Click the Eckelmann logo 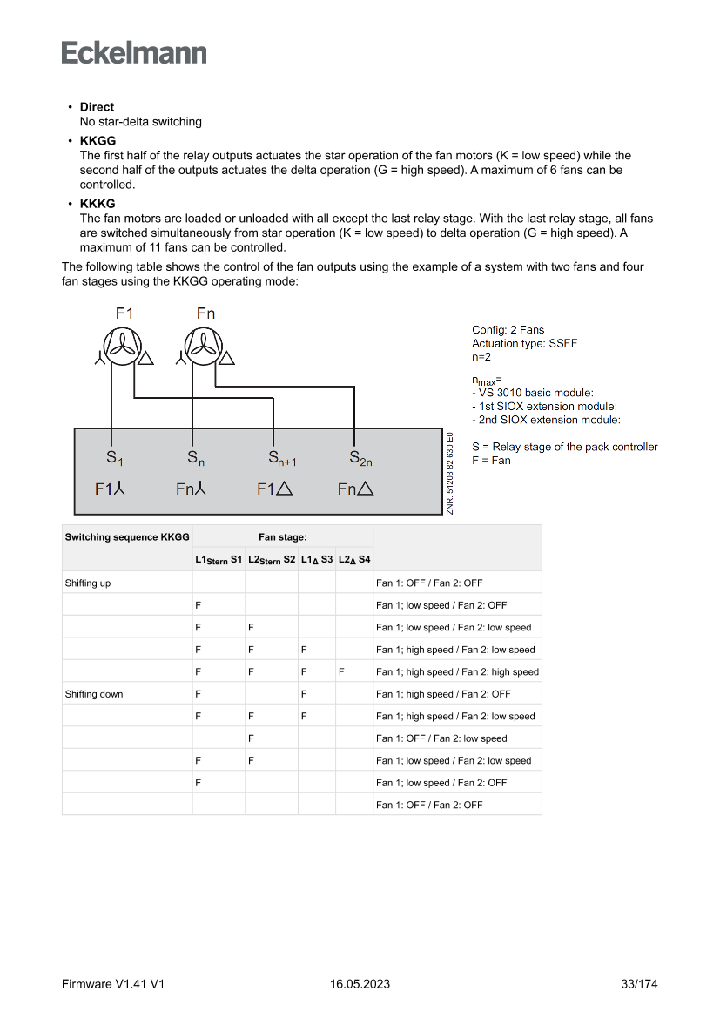tap(134, 53)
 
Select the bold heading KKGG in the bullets tap(98, 141)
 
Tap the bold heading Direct tap(97, 107)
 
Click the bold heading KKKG tap(98, 204)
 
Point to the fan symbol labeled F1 tap(122, 345)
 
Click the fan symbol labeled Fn tap(203, 345)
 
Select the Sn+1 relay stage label tap(281, 458)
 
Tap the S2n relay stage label tap(360, 458)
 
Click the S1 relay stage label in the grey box tap(114, 458)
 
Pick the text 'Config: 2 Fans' tap(508, 330)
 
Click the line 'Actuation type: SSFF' tap(524, 343)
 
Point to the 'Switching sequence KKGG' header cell tap(126, 537)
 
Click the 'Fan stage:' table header tap(282, 537)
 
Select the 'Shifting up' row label tap(87, 583)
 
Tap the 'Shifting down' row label tap(93, 694)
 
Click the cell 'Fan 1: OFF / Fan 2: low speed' tap(441, 738)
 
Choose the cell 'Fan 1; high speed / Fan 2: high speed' tap(457, 671)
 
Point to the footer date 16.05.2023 tap(360, 984)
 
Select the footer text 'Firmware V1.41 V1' tap(113, 984)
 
